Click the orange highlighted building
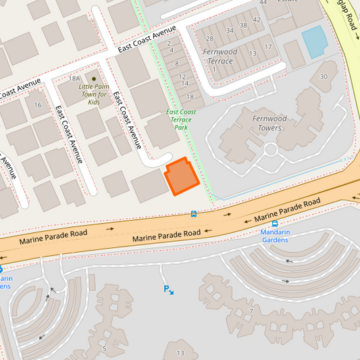point(181,177)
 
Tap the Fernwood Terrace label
point(220,56)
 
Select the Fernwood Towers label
point(269,123)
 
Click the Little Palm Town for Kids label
point(94,94)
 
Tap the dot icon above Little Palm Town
point(94,79)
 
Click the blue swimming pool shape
point(314,41)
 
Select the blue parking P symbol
point(166,289)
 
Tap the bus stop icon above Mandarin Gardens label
point(275,224)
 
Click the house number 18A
point(74,79)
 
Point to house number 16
point(37,105)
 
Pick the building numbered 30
point(324,76)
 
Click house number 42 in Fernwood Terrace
point(256,20)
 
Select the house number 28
point(209,38)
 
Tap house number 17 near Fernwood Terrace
point(268,47)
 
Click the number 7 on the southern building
point(251,311)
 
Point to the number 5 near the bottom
point(104,349)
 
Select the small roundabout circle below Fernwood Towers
point(271,149)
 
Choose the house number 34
point(231,30)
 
